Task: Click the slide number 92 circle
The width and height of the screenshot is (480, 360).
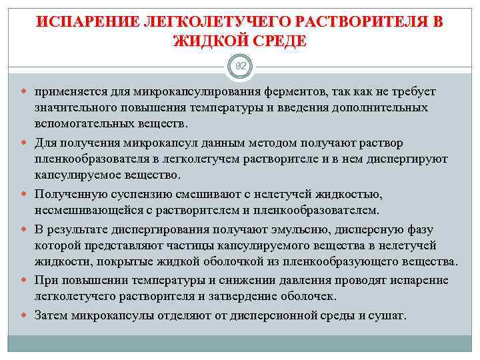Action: click(240, 67)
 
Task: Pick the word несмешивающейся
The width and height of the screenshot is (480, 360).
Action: click(83, 211)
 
